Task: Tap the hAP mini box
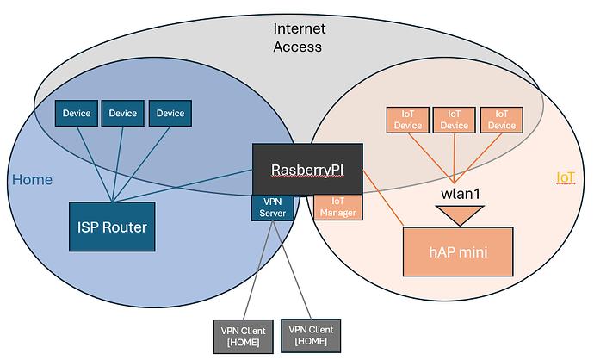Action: coord(458,252)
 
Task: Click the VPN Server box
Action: coord(266,208)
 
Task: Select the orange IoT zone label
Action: coord(566,178)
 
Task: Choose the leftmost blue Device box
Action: coord(76,113)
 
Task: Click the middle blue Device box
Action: coord(123,113)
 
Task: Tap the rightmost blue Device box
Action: coord(170,113)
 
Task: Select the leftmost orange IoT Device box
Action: coord(407,120)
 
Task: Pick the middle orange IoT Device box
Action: coord(455,120)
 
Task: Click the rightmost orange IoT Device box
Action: coord(502,120)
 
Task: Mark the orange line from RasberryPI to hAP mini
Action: coord(382,199)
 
